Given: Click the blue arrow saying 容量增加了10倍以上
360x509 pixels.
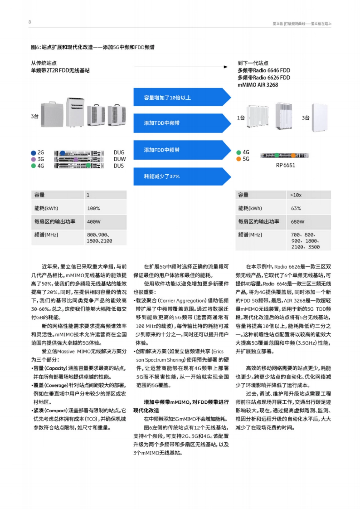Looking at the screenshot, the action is pyautogui.click(x=180, y=97).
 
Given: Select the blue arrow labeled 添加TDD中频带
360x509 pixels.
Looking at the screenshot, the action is pyautogui.click(x=180, y=123).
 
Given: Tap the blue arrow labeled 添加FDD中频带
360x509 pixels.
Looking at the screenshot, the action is pyautogui.click(x=180, y=150).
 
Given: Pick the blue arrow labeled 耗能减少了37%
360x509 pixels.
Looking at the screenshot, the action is pyautogui.click(x=180, y=176).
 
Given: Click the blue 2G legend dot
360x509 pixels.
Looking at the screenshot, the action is pyautogui.click(x=34, y=153).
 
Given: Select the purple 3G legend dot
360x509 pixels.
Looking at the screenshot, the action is pyautogui.click(x=34, y=159).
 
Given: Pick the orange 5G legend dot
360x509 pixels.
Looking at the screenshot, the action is pyautogui.click(x=239, y=159).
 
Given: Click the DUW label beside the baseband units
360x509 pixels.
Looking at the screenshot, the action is pyautogui.click(x=119, y=159).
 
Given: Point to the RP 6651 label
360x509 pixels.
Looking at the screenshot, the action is pyautogui.click(x=285, y=165).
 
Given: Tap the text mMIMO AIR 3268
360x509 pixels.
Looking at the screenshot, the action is pyautogui.click(x=258, y=85).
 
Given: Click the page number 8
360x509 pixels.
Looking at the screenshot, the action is pyautogui.click(x=30, y=22).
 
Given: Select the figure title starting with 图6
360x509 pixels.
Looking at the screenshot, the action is pyautogui.click(x=93, y=47).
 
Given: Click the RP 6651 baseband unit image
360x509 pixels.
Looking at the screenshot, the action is pyautogui.click(x=284, y=155).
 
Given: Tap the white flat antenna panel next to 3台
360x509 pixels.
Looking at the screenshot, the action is pyautogui.click(x=320, y=118).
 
